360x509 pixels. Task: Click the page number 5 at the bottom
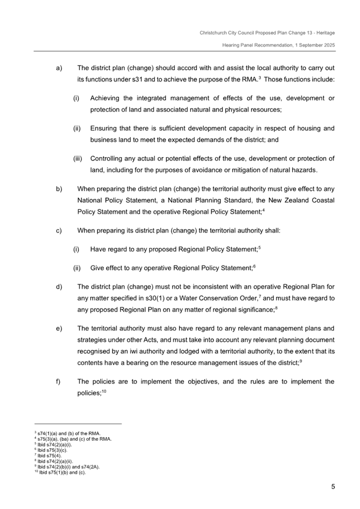(x=332, y=486)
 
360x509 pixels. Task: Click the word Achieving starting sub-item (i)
(x=107, y=98)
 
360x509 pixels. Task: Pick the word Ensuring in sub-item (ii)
(x=105, y=128)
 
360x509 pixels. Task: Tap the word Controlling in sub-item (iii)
(x=108, y=158)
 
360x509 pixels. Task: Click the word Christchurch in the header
(x=212, y=33)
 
